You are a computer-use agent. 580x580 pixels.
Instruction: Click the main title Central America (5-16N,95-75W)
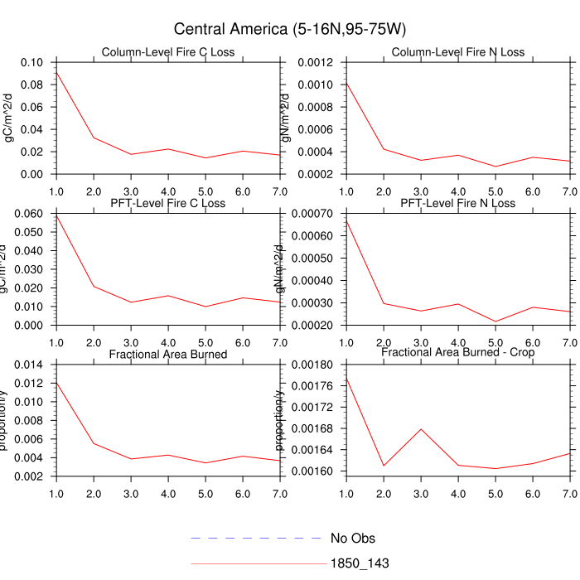289,30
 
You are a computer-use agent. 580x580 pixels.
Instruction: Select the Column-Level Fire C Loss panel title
168,52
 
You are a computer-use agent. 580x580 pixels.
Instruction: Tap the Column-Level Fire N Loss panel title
458,52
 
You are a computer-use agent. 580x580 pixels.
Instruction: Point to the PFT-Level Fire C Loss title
168,203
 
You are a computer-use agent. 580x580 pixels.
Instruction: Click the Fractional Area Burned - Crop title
458,352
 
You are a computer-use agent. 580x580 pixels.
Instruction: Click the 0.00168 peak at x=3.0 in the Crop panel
421,429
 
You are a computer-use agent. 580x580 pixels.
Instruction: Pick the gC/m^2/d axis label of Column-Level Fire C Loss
10,118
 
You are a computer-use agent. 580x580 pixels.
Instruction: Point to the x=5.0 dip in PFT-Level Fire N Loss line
495,321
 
